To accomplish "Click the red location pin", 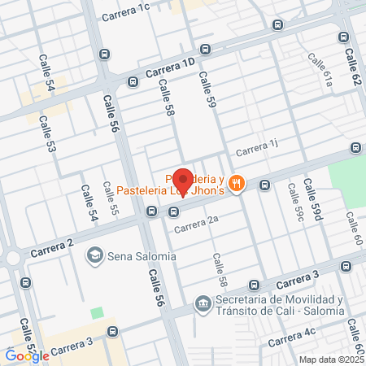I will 184,181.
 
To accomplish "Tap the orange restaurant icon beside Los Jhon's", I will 236,183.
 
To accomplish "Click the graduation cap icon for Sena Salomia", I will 95,256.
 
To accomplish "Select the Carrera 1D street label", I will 172,68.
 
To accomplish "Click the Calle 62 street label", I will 351,68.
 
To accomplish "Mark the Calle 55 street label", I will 110,199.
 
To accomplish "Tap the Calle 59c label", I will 294,202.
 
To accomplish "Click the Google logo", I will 27,355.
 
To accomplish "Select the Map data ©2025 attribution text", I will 331,359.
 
